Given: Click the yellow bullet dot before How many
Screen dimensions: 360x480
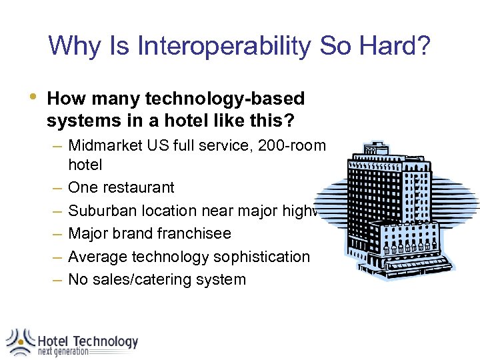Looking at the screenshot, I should point(25,98).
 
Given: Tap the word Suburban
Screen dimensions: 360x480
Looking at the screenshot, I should point(101,211).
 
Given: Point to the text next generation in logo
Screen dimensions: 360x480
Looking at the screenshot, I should point(63,352).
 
